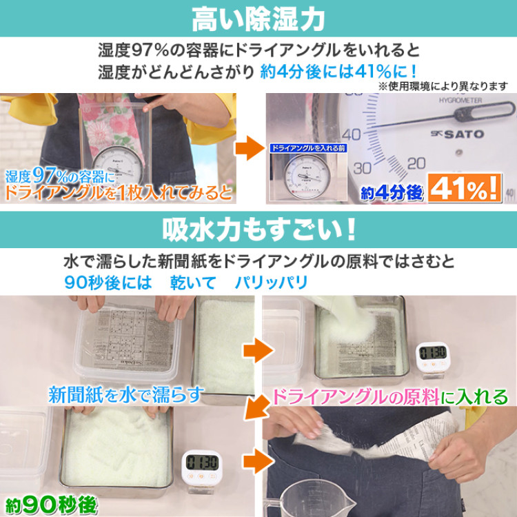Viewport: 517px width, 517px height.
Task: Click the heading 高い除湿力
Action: click(x=258, y=19)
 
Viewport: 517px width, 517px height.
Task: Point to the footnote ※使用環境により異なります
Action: click(x=443, y=86)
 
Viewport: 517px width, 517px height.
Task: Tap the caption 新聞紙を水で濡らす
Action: click(x=126, y=394)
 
